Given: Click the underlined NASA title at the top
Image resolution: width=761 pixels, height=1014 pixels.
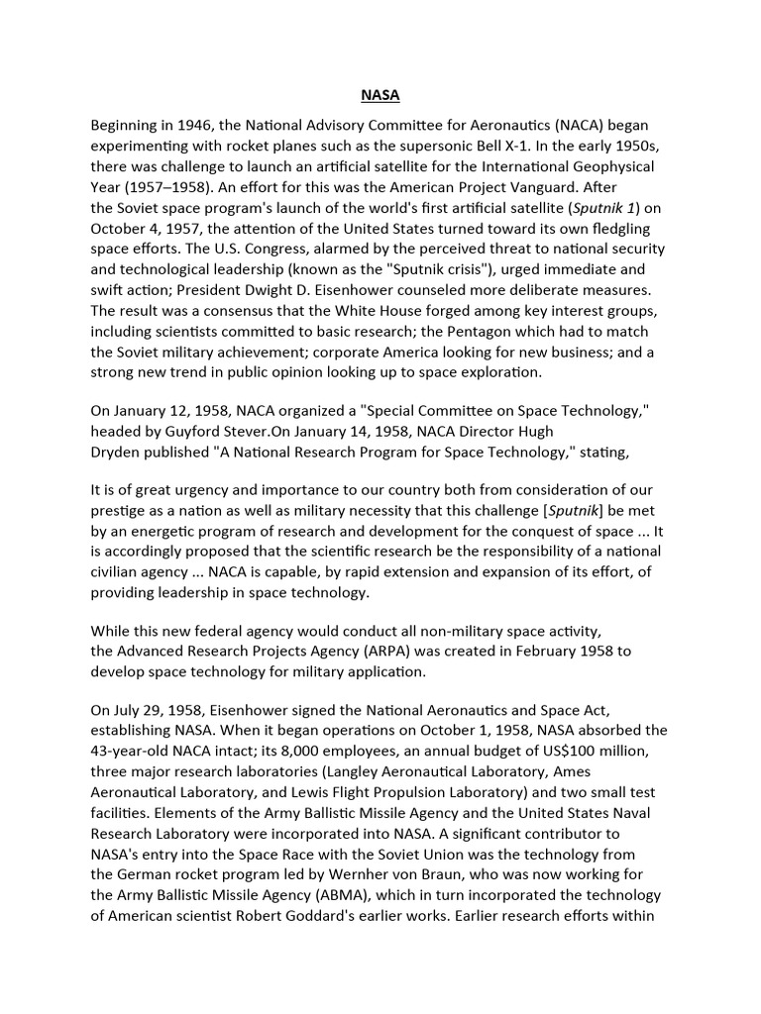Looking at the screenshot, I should click(380, 97).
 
